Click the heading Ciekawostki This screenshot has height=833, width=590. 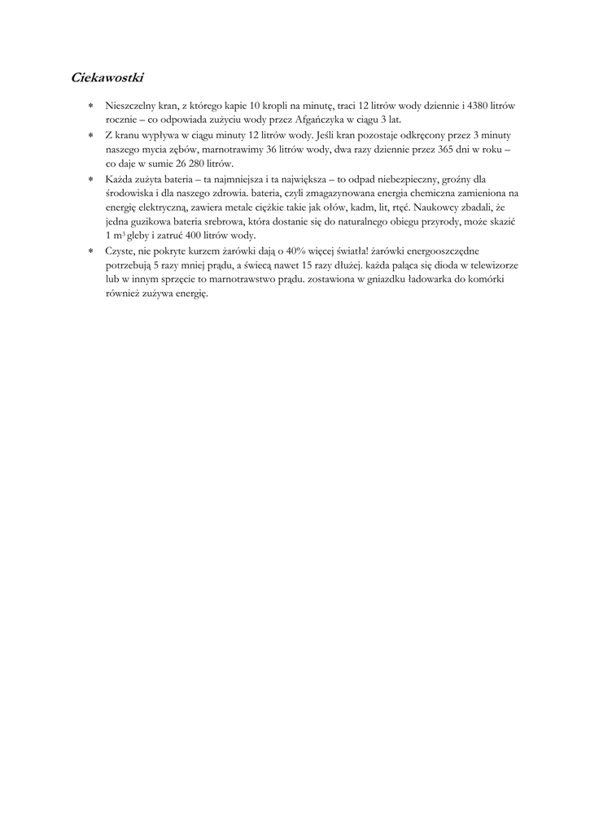[107, 79]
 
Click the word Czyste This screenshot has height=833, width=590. [120, 251]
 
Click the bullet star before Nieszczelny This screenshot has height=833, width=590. [91, 107]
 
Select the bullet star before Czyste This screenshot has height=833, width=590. [91, 252]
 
